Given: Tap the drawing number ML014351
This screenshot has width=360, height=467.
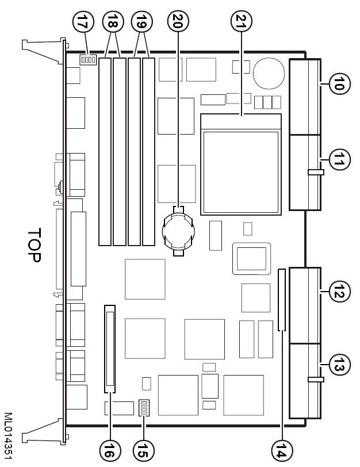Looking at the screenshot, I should click(x=7, y=427).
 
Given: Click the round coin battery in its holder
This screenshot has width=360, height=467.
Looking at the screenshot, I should click(x=179, y=232).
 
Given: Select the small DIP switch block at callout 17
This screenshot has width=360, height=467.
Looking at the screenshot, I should click(x=87, y=59).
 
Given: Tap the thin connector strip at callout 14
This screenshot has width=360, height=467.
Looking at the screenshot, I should click(x=281, y=300).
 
